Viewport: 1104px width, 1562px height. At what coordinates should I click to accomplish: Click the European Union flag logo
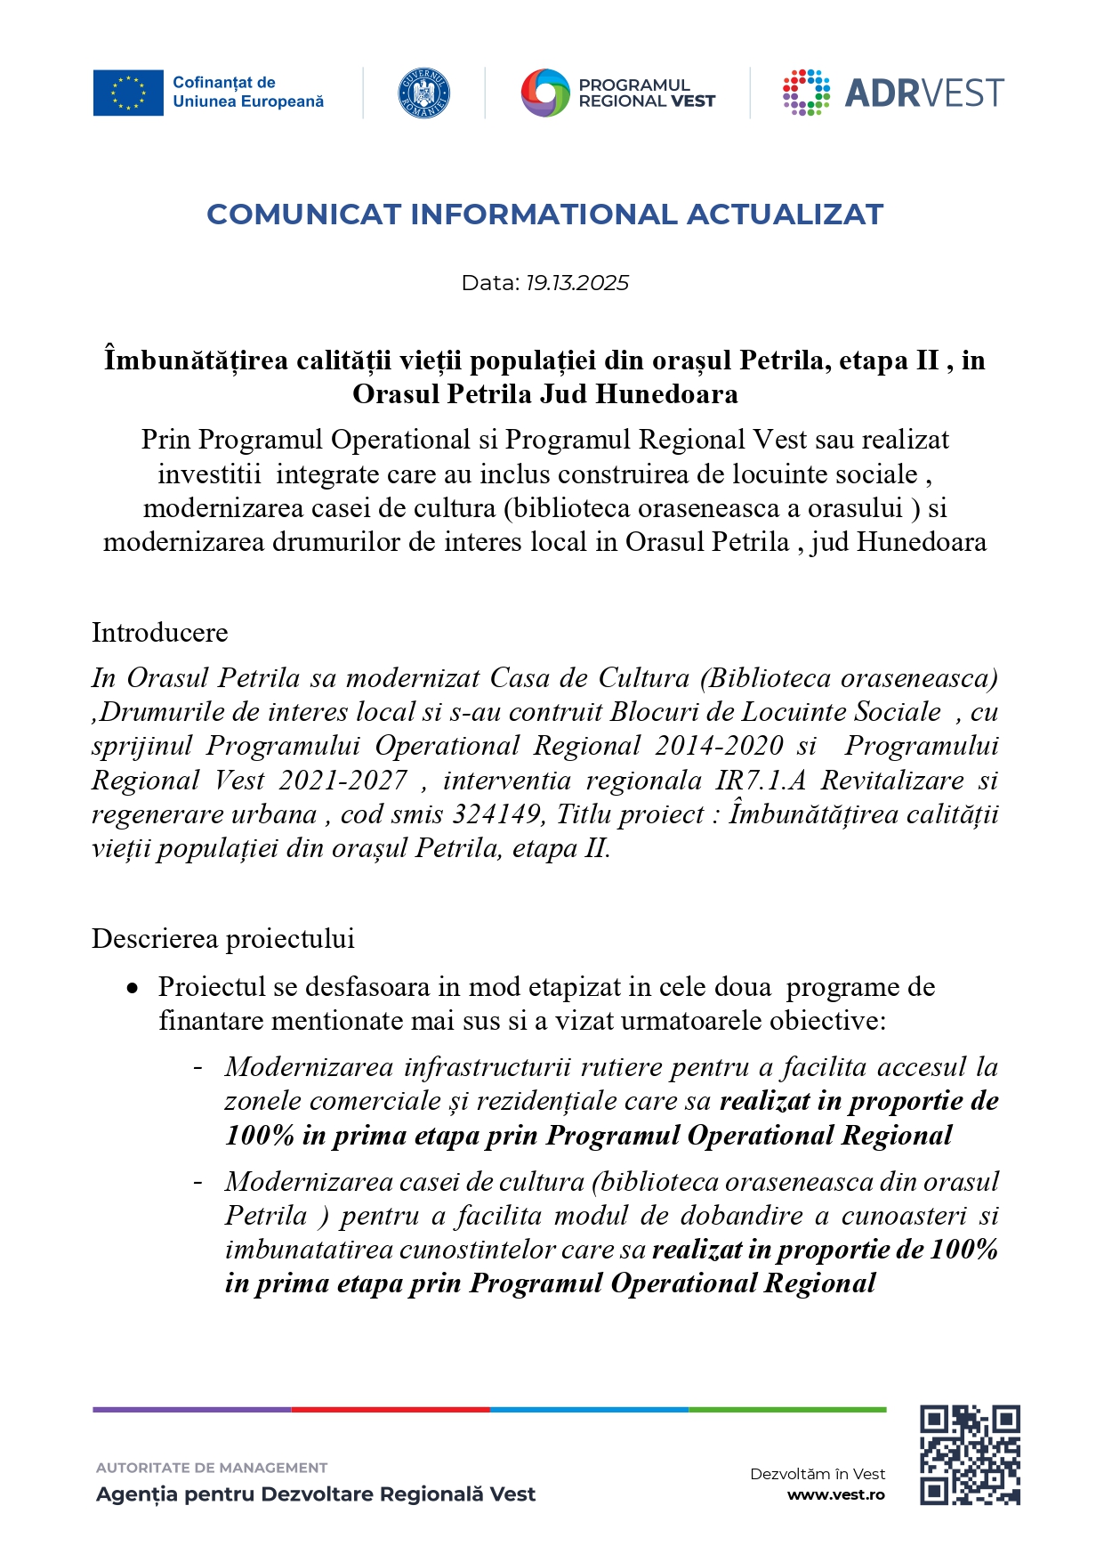tap(128, 93)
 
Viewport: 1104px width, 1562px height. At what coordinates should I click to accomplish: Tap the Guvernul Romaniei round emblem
tap(423, 93)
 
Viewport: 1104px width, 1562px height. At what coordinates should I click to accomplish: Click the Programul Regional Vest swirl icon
tap(544, 93)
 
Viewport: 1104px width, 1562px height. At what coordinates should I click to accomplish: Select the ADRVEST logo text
tap(923, 93)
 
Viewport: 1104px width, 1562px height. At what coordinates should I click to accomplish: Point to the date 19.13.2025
tap(576, 283)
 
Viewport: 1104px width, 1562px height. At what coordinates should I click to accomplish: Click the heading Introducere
tap(160, 633)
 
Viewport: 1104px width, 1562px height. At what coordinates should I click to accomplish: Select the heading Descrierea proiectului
tap(223, 939)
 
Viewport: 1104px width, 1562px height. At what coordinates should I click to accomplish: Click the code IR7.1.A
tap(761, 781)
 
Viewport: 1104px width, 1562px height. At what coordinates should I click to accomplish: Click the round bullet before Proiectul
tap(133, 988)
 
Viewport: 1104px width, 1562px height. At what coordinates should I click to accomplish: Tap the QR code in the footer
tap(969, 1455)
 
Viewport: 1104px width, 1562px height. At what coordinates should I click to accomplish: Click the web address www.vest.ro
tap(835, 1495)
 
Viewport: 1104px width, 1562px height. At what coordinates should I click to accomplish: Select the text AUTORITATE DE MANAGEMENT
tap(212, 1468)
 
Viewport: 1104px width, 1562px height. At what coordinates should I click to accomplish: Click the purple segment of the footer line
tap(191, 1410)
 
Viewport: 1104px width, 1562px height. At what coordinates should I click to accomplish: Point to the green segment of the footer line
tap(787, 1410)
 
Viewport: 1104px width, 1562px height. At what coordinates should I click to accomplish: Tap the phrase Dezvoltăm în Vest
tap(817, 1474)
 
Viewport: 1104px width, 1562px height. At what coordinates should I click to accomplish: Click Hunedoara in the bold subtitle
tap(666, 394)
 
